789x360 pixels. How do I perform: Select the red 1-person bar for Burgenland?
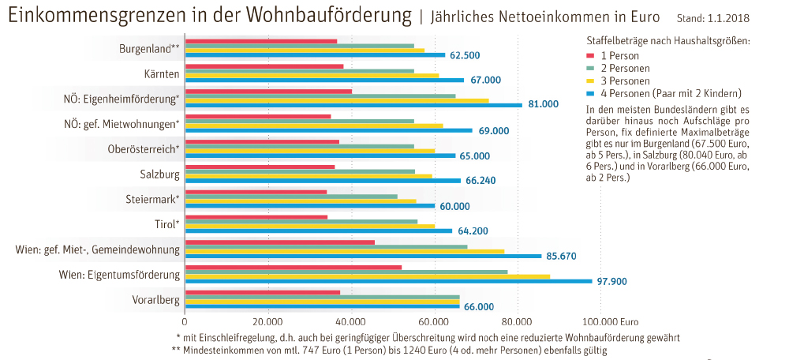tap(260, 41)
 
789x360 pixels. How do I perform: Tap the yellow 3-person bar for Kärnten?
tap(312, 76)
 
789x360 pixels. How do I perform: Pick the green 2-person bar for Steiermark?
tap(291, 196)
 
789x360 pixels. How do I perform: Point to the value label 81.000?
tap(543, 104)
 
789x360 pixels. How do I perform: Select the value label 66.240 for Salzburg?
tap(481, 181)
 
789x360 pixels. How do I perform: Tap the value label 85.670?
tap(563, 256)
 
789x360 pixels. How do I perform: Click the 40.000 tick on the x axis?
tap(350, 321)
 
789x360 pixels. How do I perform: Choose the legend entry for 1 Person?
tap(619, 55)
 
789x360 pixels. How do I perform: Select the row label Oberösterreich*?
tap(144, 149)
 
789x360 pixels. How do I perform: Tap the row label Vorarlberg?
tap(155, 300)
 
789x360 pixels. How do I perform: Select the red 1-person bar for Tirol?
tap(256, 217)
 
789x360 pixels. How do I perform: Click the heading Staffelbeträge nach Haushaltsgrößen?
tap(667, 39)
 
